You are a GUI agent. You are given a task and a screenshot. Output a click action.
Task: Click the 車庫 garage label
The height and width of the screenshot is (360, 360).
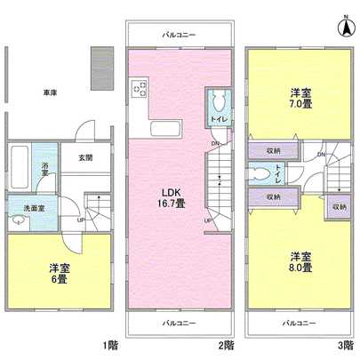pos(50,92)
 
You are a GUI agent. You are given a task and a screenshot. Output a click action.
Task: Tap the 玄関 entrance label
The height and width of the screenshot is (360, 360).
pos(84,158)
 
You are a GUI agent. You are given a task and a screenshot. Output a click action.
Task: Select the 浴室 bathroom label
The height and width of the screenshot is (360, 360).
pos(44,169)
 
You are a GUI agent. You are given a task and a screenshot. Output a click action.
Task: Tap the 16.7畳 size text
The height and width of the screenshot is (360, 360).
pos(172,204)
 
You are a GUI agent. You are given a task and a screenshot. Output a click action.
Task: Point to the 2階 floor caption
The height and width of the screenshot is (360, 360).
pos(228,345)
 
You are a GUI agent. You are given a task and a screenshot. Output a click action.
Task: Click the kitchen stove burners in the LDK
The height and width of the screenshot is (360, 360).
pos(140,88)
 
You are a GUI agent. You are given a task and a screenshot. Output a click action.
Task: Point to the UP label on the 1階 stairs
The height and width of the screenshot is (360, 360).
pos(82,220)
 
